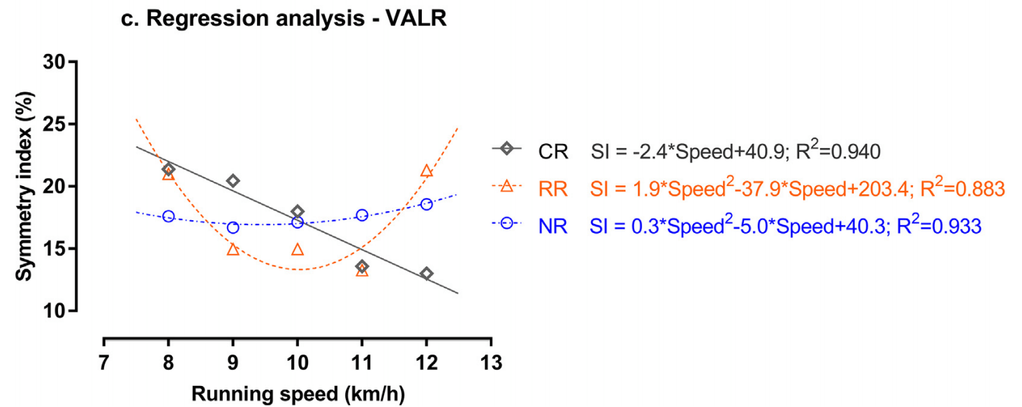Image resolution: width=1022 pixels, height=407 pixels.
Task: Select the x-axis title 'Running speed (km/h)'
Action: pyautogui.click(x=298, y=393)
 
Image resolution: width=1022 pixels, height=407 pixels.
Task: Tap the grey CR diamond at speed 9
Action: pyautogui.click(x=233, y=181)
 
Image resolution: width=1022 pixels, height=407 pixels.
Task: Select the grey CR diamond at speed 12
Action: pyautogui.click(x=426, y=273)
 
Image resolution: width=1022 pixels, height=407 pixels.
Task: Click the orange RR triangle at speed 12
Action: pyautogui.click(x=426, y=171)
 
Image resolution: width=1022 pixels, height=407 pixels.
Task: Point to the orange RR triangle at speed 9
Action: pyautogui.click(x=233, y=250)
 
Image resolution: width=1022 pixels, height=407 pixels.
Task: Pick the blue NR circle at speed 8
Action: pyautogui.click(x=168, y=217)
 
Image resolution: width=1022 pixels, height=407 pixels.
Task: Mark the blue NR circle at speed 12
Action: pyautogui.click(x=426, y=204)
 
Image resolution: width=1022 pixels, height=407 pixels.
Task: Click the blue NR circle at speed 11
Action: pyautogui.click(x=362, y=215)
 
